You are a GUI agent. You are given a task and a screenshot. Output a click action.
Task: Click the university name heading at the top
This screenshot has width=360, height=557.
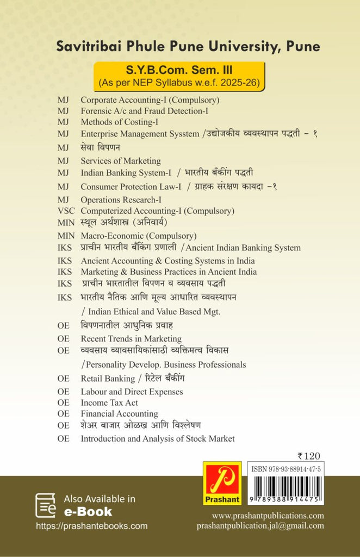coord(188,47)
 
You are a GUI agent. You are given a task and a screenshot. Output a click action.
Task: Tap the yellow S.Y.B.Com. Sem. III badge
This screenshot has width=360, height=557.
coord(179,76)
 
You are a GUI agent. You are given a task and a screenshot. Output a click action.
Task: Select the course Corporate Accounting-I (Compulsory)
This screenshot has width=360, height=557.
coord(150,100)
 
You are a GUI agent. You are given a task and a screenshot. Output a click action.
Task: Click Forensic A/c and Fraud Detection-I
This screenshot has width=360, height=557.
coord(145,111)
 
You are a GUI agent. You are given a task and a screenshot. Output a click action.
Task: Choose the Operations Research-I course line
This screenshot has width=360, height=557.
coord(121,200)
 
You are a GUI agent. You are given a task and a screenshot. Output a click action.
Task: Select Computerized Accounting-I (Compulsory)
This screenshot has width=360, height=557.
coord(157,211)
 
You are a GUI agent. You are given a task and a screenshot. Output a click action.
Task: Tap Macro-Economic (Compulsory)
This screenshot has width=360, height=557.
coord(138,236)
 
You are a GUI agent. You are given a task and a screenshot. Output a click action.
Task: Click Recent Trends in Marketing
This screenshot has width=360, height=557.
coord(131,339)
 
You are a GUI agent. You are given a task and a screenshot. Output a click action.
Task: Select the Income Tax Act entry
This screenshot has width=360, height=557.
coord(109,403)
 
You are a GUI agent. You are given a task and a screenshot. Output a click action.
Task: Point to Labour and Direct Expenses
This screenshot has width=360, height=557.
coord(132,392)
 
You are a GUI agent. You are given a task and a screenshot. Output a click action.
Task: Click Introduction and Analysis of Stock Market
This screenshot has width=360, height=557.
coord(158,438)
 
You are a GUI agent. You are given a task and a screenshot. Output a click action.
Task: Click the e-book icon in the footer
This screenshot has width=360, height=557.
coord(46,505)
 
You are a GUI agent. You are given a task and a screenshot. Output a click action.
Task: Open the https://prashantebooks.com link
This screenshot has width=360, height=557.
coord(91,526)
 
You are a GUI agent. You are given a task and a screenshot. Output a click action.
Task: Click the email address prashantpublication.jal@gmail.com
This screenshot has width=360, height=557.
coord(260,525)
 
